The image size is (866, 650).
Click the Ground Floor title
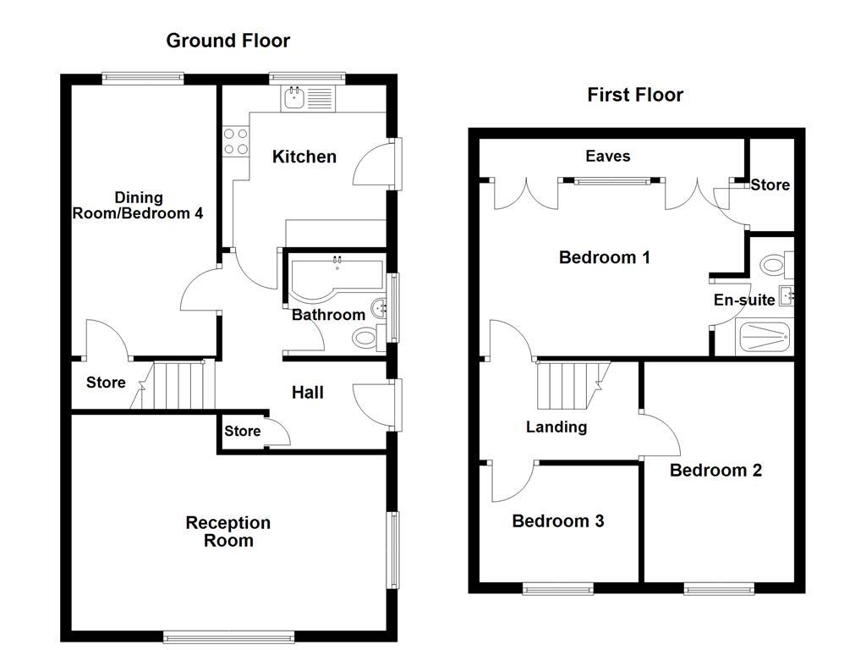point(227,40)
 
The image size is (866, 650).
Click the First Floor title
point(634,95)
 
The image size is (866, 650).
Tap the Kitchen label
point(304,157)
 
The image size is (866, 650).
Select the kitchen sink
point(294,99)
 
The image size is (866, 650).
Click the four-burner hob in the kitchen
point(235,140)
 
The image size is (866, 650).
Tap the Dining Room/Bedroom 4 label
point(138,206)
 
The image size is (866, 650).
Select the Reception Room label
point(228,532)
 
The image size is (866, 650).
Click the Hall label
point(307,393)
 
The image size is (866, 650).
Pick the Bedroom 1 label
point(604,257)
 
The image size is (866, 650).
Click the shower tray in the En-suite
point(765,338)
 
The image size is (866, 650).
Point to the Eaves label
point(608,156)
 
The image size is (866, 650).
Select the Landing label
point(556,427)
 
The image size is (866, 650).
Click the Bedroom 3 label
point(557,521)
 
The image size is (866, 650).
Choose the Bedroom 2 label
point(715,470)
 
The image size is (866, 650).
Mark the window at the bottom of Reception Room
point(229,636)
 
